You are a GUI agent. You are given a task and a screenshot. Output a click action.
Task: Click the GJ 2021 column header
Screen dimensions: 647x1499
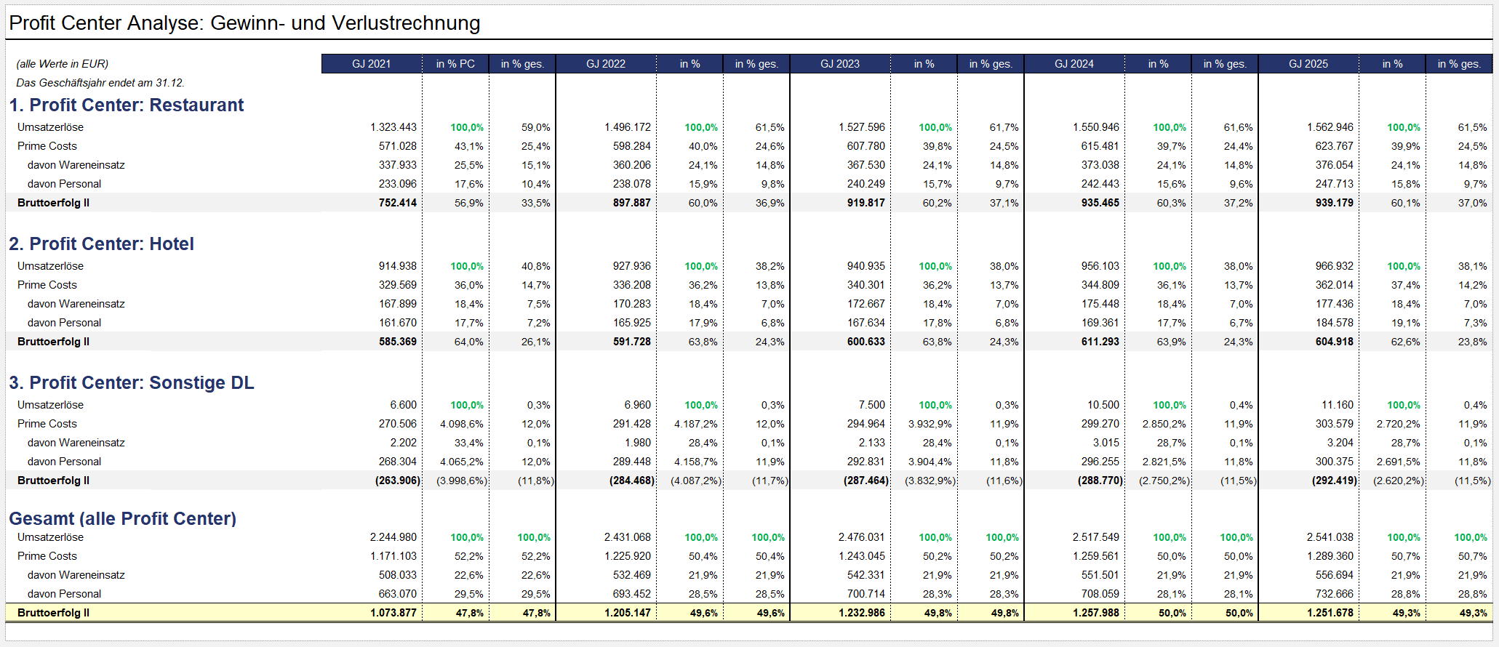(x=371, y=64)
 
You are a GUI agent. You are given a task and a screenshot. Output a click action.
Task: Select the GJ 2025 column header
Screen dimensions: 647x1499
(x=1308, y=64)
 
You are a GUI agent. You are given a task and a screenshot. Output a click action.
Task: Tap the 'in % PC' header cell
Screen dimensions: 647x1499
(x=455, y=64)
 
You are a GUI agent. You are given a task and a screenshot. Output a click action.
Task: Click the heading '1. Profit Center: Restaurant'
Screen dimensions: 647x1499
(x=127, y=105)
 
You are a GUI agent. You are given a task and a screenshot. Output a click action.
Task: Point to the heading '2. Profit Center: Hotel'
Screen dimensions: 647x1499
(x=102, y=244)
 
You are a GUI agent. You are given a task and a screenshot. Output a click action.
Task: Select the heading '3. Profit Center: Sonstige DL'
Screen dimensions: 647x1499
(x=132, y=383)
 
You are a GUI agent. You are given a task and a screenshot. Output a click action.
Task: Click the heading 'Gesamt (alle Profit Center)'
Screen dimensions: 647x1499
(x=123, y=519)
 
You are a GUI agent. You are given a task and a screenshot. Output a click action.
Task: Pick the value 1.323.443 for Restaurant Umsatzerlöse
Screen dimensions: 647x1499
(x=393, y=127)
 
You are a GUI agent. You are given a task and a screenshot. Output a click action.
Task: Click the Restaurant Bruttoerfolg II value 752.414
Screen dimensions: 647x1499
(x=398, y=203)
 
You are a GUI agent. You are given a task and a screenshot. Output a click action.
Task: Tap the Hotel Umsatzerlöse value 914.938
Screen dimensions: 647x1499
(x=398, y=266)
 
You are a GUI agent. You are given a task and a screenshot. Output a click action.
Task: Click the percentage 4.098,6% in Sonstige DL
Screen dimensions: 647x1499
(x=461, y=424)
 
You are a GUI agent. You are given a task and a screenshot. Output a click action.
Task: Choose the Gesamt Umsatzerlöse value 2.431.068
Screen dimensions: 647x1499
(x=628, y=537)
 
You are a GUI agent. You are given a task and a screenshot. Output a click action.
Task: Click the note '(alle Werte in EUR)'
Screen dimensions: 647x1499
(x=63, y=64)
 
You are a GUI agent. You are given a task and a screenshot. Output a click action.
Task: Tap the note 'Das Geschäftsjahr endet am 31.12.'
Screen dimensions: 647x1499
(x=100, y=83)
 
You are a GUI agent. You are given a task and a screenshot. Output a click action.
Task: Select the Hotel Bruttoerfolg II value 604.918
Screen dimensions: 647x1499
(x=1335, y=342)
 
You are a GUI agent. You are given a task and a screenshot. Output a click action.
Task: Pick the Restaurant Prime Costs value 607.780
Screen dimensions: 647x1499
(x=866, y=146)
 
